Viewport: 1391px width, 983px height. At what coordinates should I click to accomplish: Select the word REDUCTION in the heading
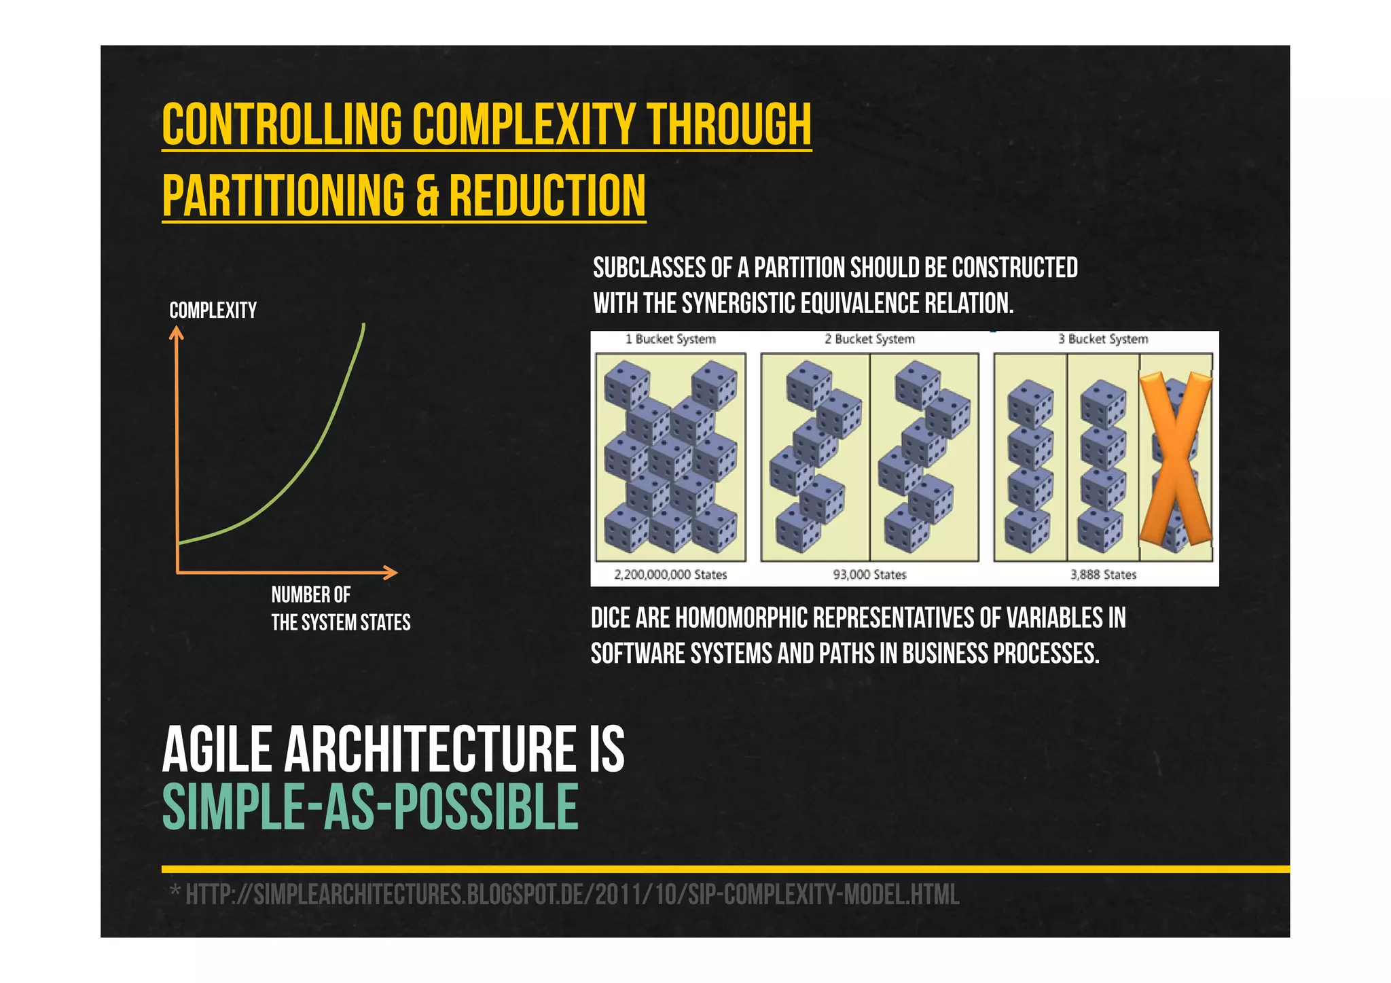[x=547, y=195]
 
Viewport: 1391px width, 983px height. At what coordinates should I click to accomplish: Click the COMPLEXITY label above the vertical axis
[x=213, y=310]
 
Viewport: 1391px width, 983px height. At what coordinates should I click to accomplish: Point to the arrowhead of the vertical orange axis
[x=177, y=332]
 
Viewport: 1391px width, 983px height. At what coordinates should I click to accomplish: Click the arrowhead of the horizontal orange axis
[x=391, y=573]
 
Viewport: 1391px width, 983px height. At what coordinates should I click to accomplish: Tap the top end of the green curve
[x=364, y=325]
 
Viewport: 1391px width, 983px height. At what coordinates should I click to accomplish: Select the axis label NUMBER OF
[x=310, y=595]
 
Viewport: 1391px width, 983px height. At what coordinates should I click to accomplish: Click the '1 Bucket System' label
[x=670, y=339]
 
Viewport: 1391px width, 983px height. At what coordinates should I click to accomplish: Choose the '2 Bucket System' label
[x=869, y=339]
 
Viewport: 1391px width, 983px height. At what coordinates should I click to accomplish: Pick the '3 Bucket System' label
[x=1103, y=339]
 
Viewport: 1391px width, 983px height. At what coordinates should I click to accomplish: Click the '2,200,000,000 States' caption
[x=670, y=575]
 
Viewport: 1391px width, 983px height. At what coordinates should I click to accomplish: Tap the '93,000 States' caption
[x=869, y=575]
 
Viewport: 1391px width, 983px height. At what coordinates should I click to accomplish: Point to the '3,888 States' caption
[x=1103, y=575]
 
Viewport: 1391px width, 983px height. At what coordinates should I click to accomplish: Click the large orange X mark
[x=1175, y=459]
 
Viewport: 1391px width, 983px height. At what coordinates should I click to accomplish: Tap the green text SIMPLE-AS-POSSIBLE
[x=370, y=807]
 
